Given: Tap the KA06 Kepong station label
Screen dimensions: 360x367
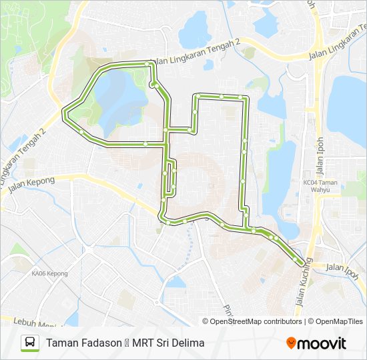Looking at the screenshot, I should click(49, 273).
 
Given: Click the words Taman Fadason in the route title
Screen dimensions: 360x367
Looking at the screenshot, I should click(83, 343).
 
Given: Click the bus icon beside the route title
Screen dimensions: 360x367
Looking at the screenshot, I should click(29, 343).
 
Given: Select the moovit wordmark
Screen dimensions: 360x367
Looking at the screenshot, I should click(322, 343).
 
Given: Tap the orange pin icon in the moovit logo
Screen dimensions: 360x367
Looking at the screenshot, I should click(291, 343).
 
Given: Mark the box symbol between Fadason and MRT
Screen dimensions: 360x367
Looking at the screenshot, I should click(126, 344).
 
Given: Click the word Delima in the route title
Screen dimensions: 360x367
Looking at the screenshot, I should click(188, 343).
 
